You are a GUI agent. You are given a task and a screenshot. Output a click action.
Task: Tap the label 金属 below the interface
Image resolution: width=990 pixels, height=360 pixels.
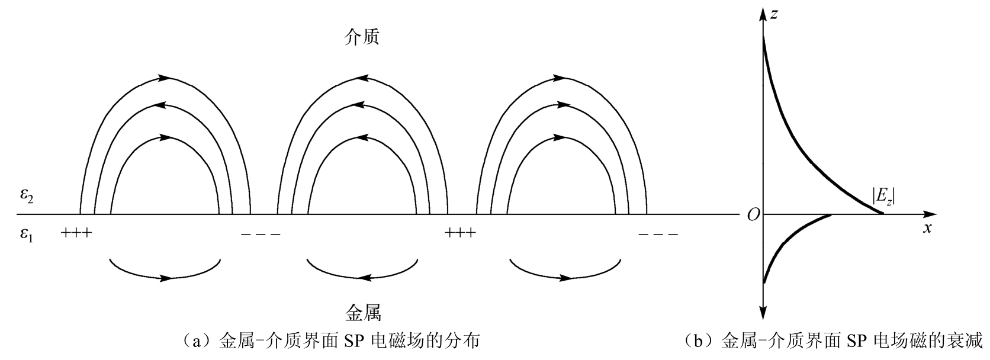click(362, 312)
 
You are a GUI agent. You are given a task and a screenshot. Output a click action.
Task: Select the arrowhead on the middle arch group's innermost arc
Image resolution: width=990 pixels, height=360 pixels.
click(362, 137)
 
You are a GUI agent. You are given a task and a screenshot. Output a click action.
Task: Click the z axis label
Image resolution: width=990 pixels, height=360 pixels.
click(774, 13)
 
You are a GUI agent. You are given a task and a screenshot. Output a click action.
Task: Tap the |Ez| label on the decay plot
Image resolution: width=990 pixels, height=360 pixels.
click(883, 195)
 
